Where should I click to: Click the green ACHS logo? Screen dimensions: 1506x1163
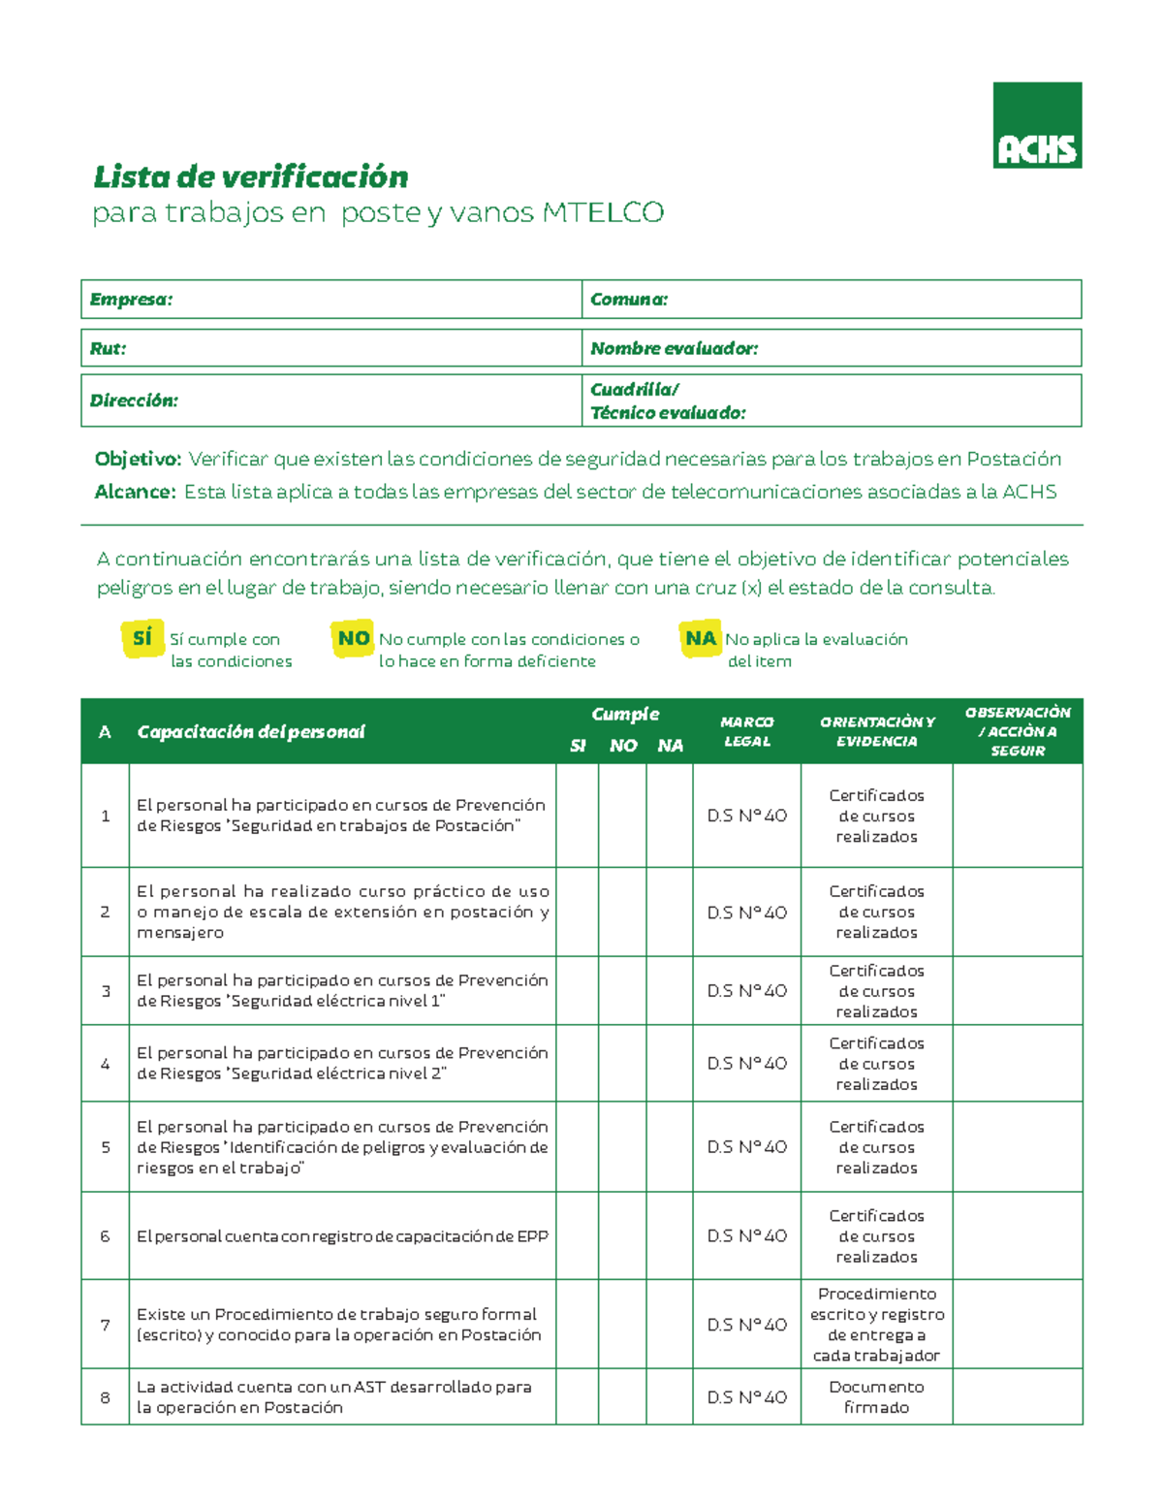1036,125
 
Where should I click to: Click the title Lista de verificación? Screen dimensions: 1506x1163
250,176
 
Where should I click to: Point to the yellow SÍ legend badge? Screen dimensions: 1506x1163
142,638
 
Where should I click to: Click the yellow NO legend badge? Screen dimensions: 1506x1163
353,638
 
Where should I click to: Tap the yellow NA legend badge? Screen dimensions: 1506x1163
700,638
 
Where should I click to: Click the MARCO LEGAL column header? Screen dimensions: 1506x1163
746,731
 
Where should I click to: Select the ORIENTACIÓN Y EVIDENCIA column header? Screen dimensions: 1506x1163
876,731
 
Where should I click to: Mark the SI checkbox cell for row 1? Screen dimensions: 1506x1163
577,816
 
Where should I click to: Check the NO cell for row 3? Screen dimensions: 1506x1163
622,990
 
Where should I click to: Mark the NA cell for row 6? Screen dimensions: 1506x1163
670,1235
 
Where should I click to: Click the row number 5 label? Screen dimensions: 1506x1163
105,1147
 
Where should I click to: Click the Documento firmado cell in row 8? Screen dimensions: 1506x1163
876,1396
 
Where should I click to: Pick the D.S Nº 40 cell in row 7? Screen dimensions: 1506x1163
746,1325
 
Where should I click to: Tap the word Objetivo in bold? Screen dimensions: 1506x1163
138,459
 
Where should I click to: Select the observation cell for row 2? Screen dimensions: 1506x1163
1017,912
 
